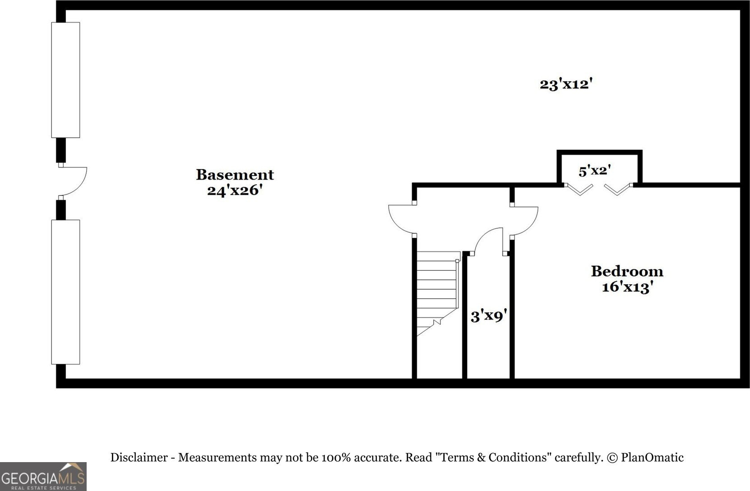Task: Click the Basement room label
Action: coord(235,175)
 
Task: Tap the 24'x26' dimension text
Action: coord(235,190)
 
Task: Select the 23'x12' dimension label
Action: coord(565,84)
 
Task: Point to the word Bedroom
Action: coord(627,271)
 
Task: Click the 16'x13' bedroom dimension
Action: coord(627,287)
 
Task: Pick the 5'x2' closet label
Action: coord(595,171)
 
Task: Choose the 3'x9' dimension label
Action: coord(486,315)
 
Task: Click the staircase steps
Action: coord(436,289)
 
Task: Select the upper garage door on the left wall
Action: coord(65,80)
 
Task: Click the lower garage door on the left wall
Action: coord(65,292)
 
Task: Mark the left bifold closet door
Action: coord(579,189)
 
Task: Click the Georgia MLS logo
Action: coord(43,477)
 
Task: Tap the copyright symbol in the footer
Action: coord(612,458)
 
